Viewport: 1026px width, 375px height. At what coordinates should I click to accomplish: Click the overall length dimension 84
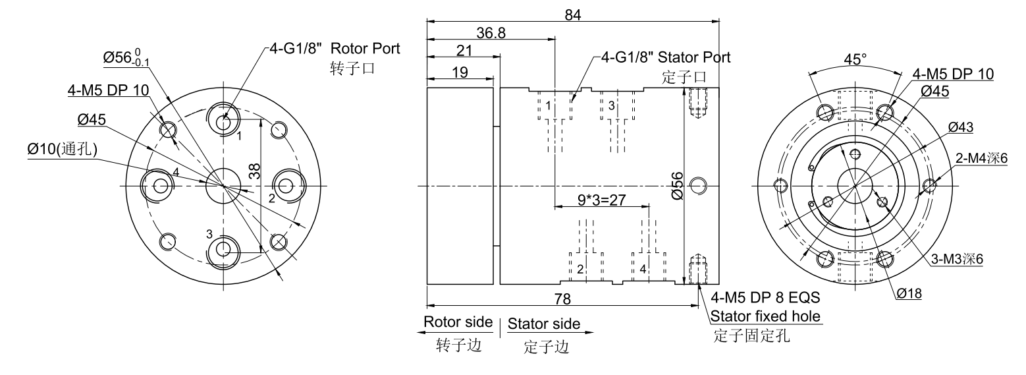pos(572,14)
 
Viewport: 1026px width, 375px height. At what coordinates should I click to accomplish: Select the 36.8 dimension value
pos(491,33)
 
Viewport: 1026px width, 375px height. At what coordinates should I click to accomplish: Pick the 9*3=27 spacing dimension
pos(601,200)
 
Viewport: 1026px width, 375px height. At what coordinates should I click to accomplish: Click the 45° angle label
pos(855,59)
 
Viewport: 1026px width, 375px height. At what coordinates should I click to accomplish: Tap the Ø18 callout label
pos(908,293)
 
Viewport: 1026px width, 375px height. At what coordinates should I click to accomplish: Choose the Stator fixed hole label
pos(765,316)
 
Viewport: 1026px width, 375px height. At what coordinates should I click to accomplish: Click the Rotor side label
pos(458,322)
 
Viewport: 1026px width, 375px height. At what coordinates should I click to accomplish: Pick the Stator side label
pos(544,324)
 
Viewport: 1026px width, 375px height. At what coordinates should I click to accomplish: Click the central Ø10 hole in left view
pos(224,185)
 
